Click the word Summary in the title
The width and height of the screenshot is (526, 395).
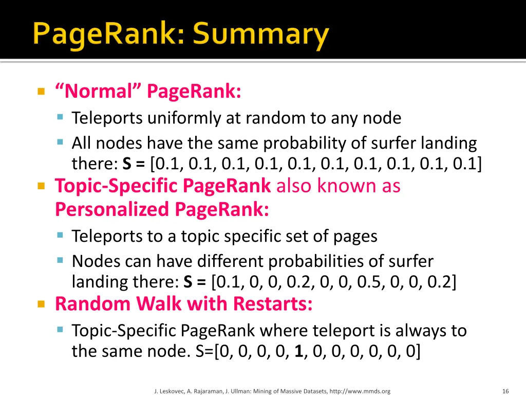[261, 35]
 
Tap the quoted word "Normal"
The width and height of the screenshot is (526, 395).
[97, 92]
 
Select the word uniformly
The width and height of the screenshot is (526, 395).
[184, 118]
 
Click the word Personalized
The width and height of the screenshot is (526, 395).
[112, 209]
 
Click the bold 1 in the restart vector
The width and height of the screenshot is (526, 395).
[298, 352]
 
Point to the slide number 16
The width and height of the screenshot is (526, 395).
[505, 391]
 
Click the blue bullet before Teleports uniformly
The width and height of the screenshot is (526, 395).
[60, 118]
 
